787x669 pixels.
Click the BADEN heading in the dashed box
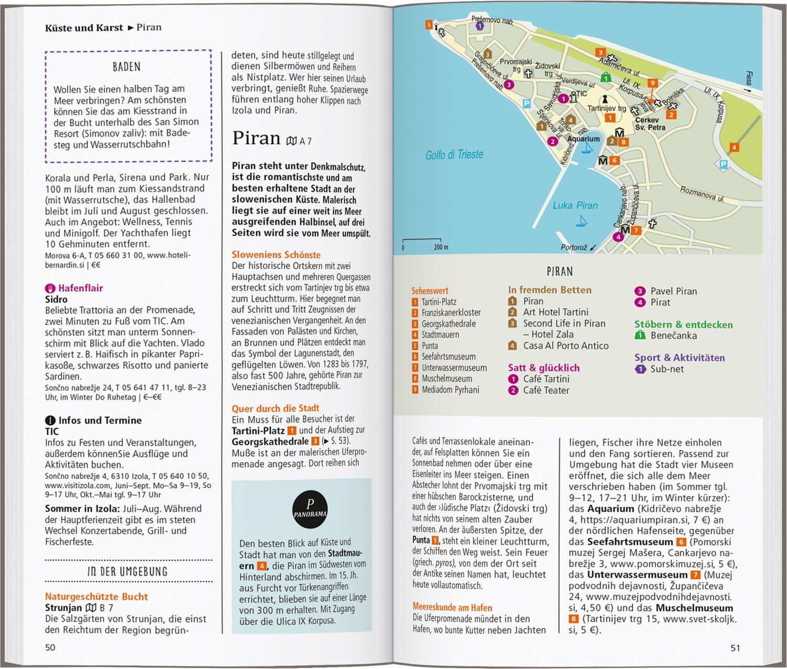coord(126,67)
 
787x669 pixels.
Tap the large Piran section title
coord(257,138)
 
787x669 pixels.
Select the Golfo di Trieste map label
coord(454,155)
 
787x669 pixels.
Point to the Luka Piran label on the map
coord(575,205)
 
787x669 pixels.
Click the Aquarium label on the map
coord(583,139)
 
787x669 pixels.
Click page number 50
coord(50,647)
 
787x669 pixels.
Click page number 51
coord(735,648)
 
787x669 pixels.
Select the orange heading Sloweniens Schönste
coord(276,255)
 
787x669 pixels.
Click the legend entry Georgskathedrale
coord(449,323)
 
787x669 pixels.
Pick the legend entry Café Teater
coord(546,390)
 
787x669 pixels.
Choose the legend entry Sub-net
coord(667,369)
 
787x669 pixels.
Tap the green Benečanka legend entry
coord(674,336)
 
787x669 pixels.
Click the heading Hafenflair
coord(80,288)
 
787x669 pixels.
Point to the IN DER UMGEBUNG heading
coord(127,571)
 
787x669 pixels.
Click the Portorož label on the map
coord(573,247)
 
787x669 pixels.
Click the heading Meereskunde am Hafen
coord(452,608)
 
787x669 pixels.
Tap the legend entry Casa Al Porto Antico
coord(566,346)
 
